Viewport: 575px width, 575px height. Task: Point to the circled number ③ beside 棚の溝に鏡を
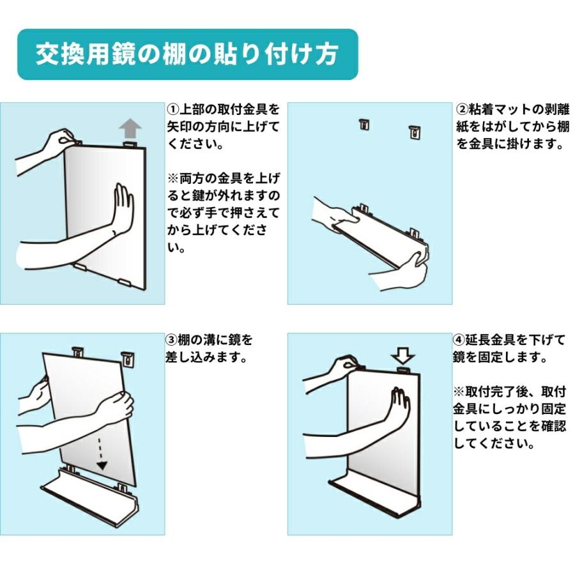coord(172,339)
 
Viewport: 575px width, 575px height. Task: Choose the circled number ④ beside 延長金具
coord(460,339)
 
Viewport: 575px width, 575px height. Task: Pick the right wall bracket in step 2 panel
coord(415,131)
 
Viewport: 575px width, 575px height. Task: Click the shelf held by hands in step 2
coord(383,233)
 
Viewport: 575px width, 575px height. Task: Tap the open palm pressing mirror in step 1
coord(123,208)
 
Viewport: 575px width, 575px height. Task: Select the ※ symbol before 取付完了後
coord(460,391)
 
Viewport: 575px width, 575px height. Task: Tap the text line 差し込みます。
coord(206,357)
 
